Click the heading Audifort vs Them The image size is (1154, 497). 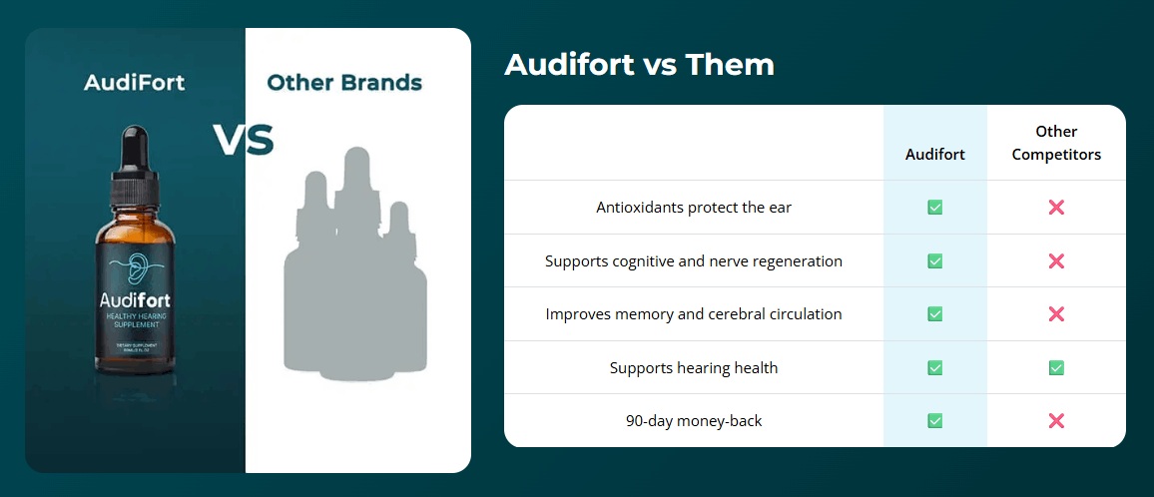coord(639,65)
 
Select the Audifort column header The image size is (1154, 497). coord(934,155)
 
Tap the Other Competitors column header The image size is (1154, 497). coord(1056,143)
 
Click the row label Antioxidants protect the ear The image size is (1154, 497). coord(693,208)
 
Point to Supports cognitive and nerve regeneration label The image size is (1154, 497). coord(693,261)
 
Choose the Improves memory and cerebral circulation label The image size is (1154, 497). coord(693,314)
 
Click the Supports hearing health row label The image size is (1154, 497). coord(693,368)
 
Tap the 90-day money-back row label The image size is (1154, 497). coord(693,421)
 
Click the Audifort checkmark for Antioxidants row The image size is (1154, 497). coord(934,208)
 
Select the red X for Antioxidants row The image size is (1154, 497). coord(1056,208)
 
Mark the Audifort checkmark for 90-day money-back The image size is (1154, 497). coord(934,421)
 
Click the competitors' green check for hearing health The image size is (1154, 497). coord(1056,368)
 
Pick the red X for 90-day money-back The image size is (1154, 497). coord(1056,421)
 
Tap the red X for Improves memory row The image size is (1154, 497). coord(1056,314)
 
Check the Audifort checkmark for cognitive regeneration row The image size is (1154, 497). coord(934,261)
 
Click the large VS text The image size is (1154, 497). coord(244,141)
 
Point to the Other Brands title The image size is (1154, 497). coord(344,83)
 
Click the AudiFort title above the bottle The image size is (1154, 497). coord(135,83)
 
